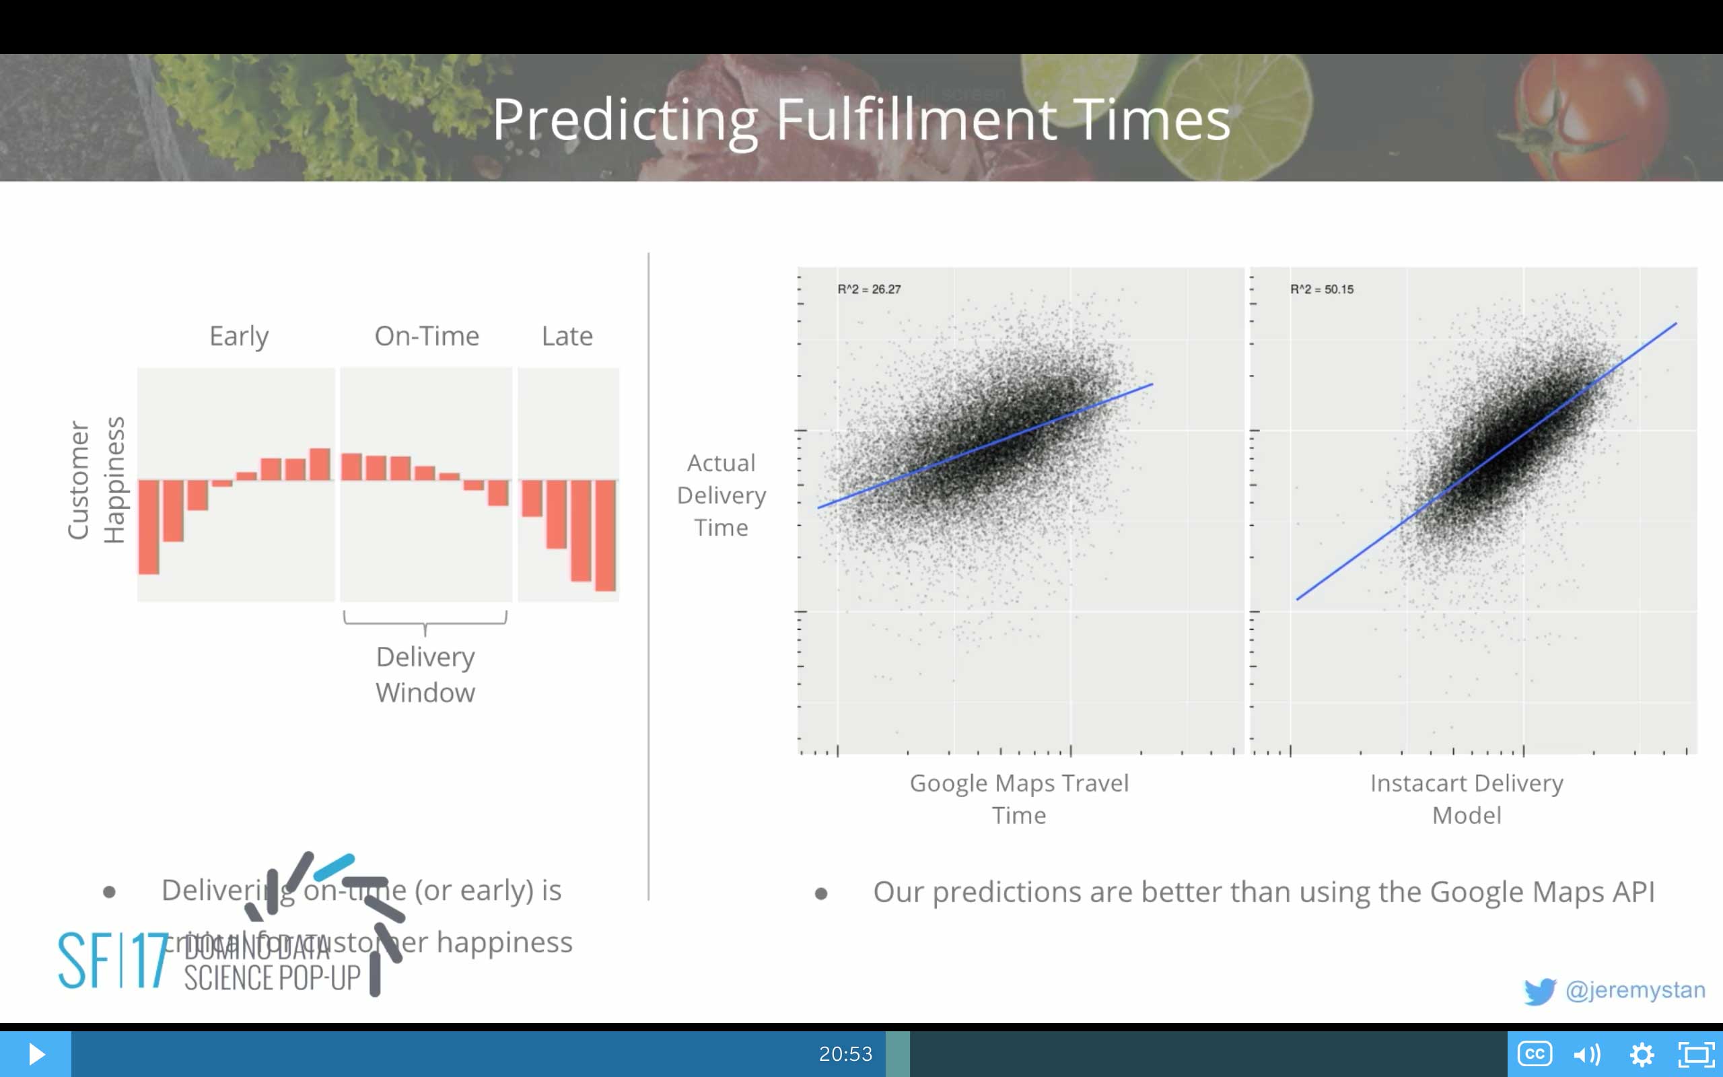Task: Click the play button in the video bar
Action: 36,1053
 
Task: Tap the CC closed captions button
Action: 1535,1053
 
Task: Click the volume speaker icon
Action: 1587,1053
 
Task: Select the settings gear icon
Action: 1642,1053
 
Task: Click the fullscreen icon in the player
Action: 1696,1053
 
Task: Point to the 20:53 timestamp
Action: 845,1053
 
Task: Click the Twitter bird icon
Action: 1539,991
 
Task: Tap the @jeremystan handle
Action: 1636,989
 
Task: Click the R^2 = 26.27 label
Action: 869,289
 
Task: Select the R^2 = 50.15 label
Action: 1321,289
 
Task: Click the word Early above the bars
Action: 238,336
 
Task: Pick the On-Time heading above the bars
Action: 427,336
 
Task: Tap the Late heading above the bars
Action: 567,336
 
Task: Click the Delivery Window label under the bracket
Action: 425,674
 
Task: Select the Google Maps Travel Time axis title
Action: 1019,798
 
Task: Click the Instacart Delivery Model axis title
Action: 1466,798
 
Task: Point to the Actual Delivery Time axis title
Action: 721,495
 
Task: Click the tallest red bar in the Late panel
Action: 605,535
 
